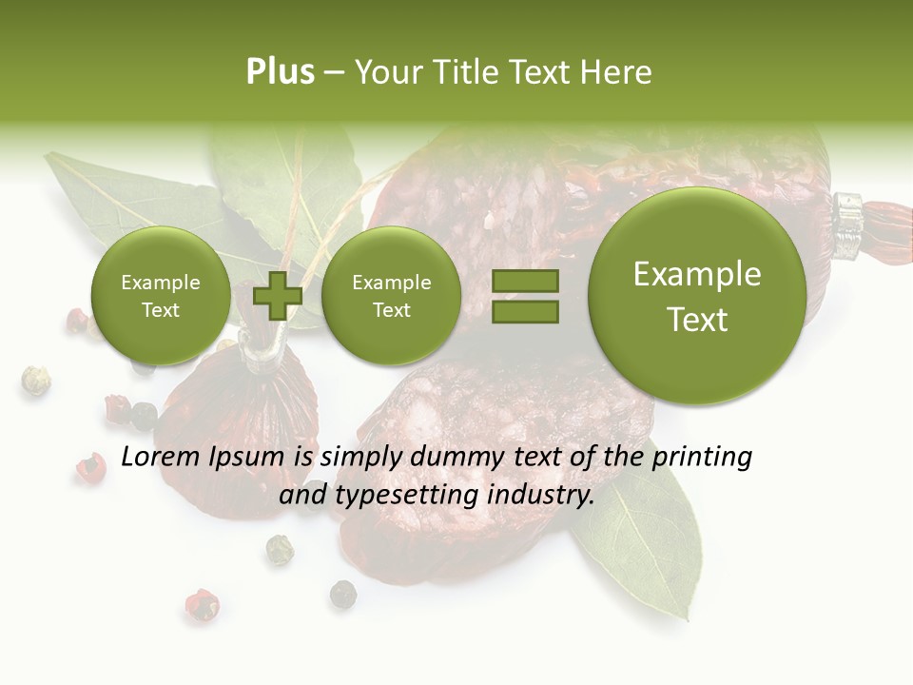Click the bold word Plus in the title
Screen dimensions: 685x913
pyautogui.click(x=280, y=72)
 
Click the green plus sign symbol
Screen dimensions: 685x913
pyautogui.click(x=277, y=296)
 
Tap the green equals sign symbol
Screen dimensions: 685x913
pyautogui.click(x=525, y=296)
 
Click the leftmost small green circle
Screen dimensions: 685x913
pyautogui.click(x=160, y=296)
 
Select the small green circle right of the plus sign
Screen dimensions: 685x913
pyautogui.click(x=391, y=296)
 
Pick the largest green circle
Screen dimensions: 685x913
pyautogui.click(x=697, y=296)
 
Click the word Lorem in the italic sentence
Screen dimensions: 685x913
pyautogui.click(x=160, y=458)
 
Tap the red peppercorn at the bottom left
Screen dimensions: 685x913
pyautogui.click(x=201, y=604)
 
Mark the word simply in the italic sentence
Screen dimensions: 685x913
pyautogui.click(x=359, y=458)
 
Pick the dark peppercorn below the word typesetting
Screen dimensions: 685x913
pyautogui.click(x=343, y=595)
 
